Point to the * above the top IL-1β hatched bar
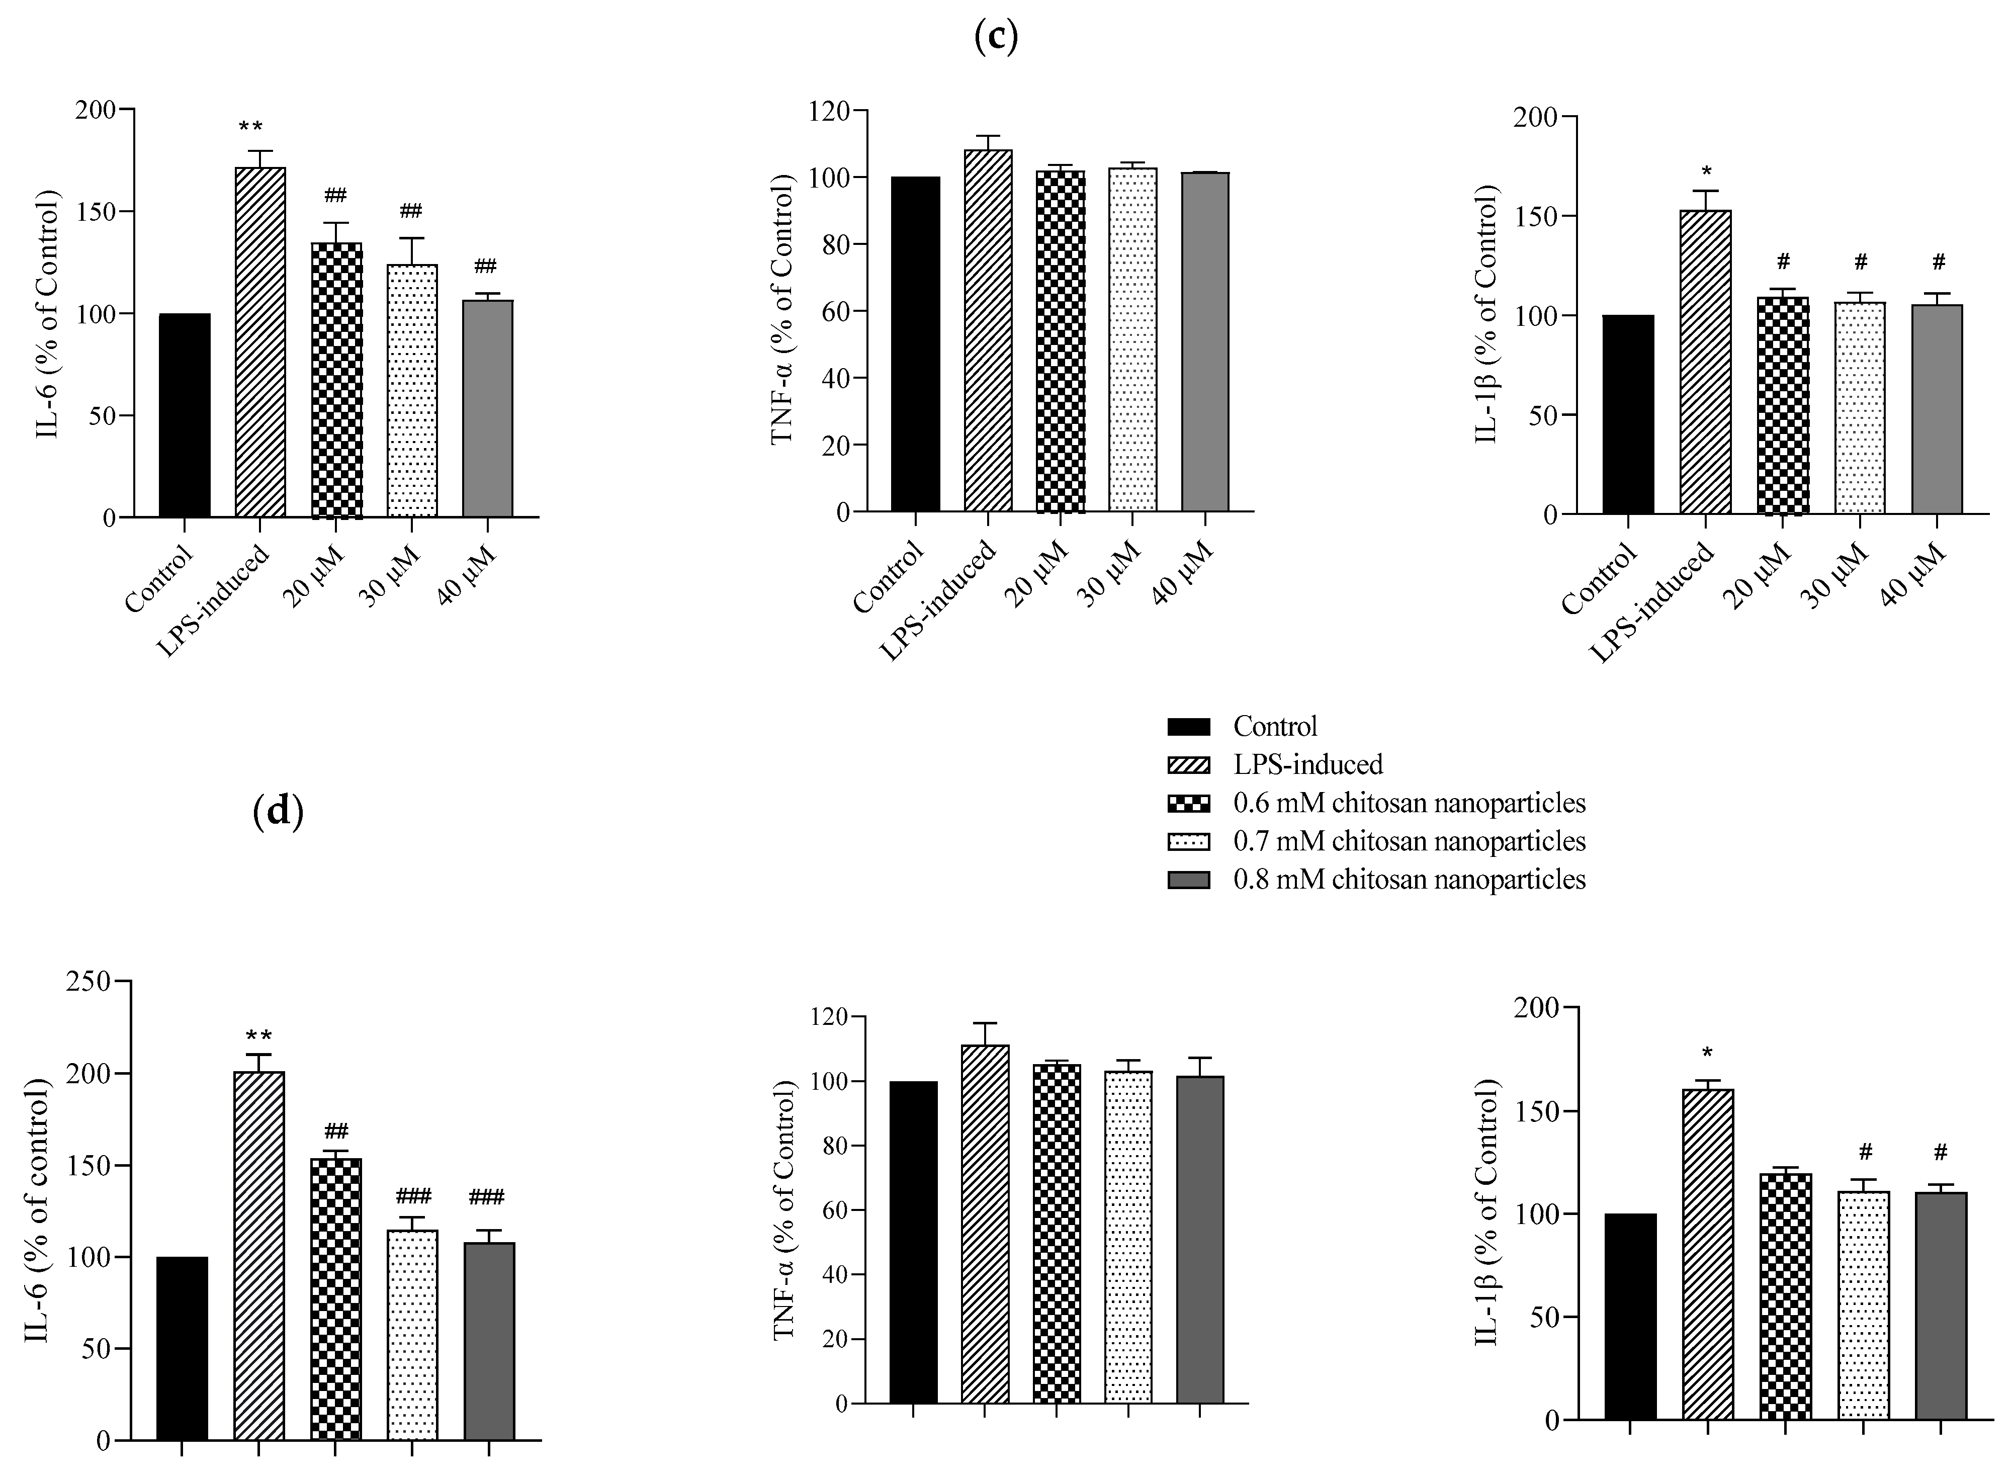click(x=1706, y=172)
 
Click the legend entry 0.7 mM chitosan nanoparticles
click(x=1408, y=841)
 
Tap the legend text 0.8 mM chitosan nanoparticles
click(x=1408, y=880)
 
